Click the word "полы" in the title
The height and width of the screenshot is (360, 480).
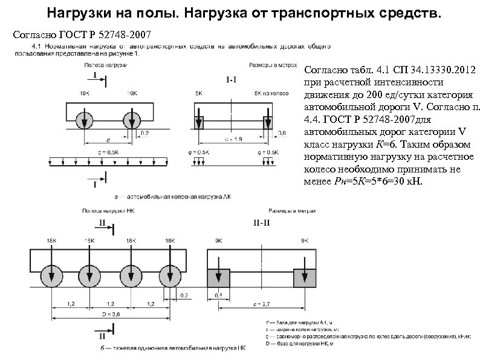tap(148, 12)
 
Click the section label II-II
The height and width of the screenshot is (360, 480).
tap(261, 223)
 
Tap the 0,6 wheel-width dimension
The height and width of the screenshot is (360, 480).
tap(282, 133)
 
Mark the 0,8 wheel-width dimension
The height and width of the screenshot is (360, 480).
tap(218, 295)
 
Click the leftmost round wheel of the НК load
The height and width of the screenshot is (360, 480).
tap(51, 277)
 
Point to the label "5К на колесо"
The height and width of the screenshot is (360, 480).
tap(266, 93)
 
